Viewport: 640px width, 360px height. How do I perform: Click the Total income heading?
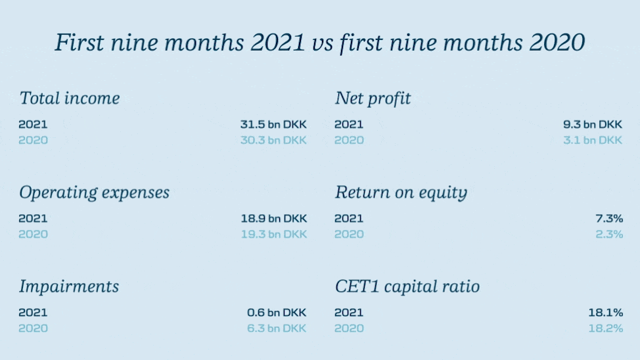click(70, 98)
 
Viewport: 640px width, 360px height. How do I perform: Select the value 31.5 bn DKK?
click(273, 125)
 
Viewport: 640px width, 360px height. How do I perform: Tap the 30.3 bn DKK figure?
click(273, 141)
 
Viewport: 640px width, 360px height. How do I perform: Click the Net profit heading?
click(373, 99)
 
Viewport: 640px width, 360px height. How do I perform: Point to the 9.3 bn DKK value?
click(593, 125)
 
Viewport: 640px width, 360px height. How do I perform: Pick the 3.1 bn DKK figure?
click(593, 141)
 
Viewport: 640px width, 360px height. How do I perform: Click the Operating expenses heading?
click(94, 192)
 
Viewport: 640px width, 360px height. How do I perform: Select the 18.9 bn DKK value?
click(274, 219)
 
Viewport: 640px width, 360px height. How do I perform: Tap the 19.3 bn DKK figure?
click(274, 235)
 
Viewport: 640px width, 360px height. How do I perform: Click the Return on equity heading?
click(401, 192)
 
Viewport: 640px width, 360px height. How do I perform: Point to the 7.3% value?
click(609, 219)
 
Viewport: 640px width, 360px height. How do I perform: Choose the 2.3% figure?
click(609, 235)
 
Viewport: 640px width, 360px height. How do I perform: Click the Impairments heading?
click(69, 286)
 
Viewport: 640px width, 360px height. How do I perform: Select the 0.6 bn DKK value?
click(277, 313)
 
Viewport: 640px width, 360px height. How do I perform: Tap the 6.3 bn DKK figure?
click(277, 328)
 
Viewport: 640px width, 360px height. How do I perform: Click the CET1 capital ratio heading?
click(407, 286)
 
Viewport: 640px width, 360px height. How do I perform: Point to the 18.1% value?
click(606, 313)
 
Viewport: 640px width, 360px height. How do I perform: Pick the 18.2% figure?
click(606, 328)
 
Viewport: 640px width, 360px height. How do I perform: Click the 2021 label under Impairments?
click(33, 313)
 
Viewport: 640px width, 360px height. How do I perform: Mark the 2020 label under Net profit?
click(349, 141)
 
